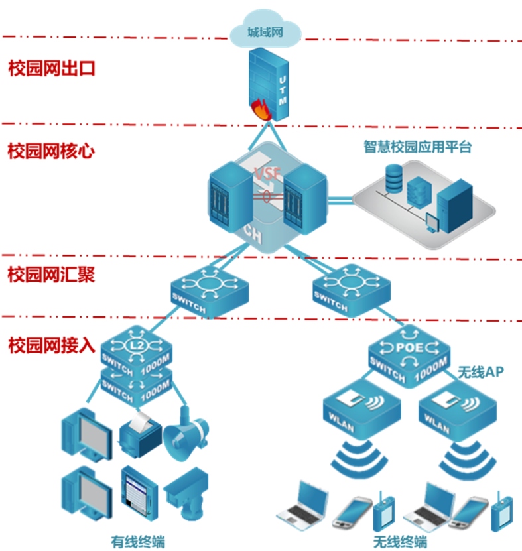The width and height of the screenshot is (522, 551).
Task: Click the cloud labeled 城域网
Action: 265,31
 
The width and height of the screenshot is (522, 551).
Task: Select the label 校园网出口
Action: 52,68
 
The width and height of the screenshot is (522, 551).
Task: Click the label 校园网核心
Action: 51,151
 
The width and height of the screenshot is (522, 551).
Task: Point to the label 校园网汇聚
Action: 51,274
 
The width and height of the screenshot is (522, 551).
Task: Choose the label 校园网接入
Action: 51,345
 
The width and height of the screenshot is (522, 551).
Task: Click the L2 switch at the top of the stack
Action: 136,348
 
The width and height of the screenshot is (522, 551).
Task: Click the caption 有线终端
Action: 137,541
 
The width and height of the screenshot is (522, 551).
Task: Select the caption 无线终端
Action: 399,541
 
